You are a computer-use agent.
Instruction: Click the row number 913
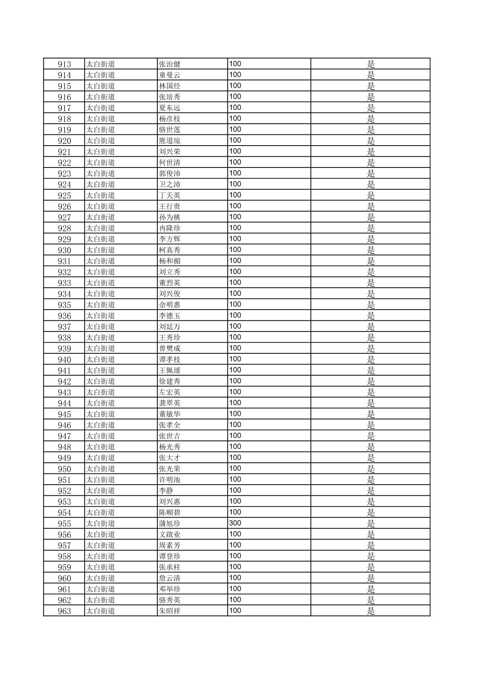point(64,64)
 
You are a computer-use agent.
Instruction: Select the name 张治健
point(169,64)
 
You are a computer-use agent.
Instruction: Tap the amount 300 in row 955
point(235,523)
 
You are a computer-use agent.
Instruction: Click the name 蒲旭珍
point(169,524)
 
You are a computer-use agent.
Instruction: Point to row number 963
point(64,611)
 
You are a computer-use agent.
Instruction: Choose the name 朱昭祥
point(169,611)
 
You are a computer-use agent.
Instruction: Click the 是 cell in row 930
point(371,250)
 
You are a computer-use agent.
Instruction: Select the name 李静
point(166,490)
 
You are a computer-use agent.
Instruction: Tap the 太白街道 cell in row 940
point(101,360)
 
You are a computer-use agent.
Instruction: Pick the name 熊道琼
point(169,141)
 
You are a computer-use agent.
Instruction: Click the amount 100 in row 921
point(235,151)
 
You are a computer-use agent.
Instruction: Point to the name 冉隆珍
point(169,228)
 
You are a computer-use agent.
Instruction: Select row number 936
point(64,316)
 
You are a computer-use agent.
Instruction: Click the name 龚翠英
point(169,403)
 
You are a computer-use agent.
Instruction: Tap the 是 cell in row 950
point(371,469)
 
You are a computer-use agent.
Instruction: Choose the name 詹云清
point(169,578)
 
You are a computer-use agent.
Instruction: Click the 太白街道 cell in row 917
point(101,108)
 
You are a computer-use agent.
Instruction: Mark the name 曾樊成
point(169,348)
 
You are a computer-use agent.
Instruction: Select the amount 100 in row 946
point(235,425)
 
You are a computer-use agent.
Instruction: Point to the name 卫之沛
point(169,184)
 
